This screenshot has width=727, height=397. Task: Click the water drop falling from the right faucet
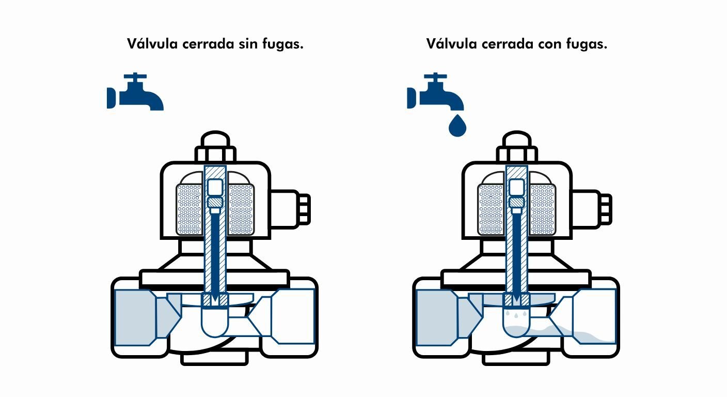pyautogui.click(x=456, y=127)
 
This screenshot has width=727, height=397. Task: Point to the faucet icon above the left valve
pyautogui.click(x=136, y=93)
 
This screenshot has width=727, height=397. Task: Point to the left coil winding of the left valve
pyautogui.click(x=191, y=209)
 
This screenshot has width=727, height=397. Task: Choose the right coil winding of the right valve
pyautogui.click(x=543, y=209)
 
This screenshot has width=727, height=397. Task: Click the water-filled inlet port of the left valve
pyautogui.click(x=135, y=317)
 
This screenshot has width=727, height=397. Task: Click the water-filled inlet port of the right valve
pyautogui.click(x=436, y=317)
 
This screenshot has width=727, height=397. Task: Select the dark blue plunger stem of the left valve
pyautogui.click(x=215, y=248)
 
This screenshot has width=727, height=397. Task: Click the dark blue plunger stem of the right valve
pyautogui.click(x=517, y=248)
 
